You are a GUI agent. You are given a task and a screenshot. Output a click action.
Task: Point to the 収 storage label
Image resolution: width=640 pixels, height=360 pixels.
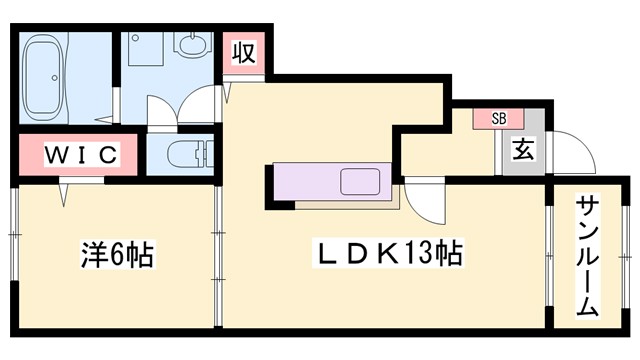coord(243,52)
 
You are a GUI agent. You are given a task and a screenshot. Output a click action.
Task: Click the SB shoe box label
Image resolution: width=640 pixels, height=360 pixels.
coord(498,118)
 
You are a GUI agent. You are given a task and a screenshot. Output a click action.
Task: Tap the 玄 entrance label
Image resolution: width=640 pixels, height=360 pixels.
coord(521,151)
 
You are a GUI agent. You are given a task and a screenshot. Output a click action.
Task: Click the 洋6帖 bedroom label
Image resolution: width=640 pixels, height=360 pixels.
coord(117,255)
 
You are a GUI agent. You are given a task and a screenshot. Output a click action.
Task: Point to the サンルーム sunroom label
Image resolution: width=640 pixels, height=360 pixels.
coord(587,257)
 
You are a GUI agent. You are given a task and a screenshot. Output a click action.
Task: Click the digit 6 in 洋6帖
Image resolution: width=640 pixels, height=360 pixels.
coord(117,256)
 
